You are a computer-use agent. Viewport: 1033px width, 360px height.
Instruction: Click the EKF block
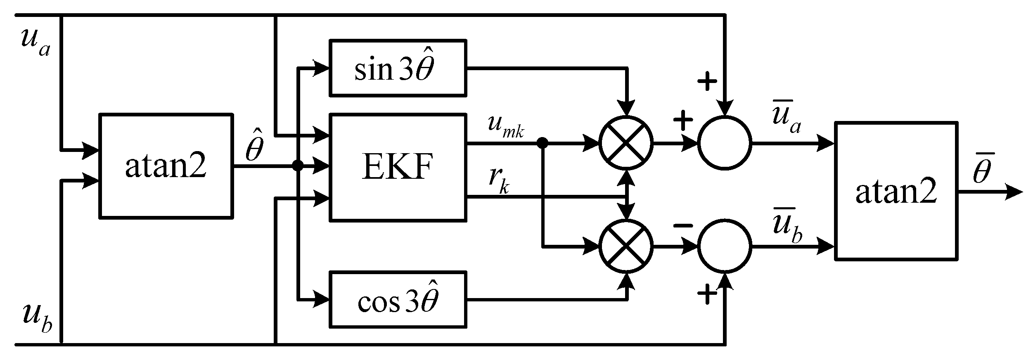[398, 167]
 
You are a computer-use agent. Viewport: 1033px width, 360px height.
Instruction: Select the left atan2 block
[166, 166]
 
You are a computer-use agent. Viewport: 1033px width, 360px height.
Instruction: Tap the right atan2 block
[896, 191]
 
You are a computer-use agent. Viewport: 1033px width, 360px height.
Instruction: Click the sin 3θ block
[398, 68]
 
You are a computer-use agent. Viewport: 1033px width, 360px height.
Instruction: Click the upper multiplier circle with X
[626, 143]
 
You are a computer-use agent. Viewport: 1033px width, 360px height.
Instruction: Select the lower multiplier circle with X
[626, 246]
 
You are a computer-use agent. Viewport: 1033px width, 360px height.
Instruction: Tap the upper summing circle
[725, 143]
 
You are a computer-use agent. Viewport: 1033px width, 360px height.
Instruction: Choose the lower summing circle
[725, 246]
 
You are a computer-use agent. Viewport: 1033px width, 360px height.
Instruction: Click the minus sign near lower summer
[683, 226]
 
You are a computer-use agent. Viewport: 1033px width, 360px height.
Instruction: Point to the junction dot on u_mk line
[543, 143]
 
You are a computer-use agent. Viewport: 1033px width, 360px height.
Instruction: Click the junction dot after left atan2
[298, 166]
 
